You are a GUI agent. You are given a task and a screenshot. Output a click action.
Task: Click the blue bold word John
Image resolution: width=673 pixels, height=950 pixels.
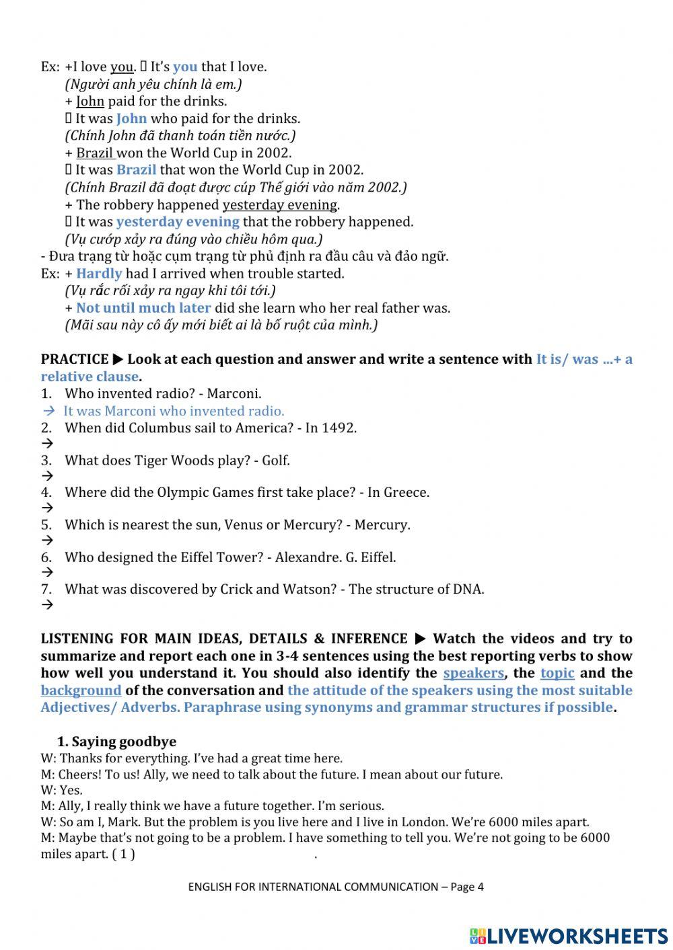[x=131, y=119]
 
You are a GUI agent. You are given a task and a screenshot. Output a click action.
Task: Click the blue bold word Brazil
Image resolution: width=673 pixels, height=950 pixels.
[x=136, y=170]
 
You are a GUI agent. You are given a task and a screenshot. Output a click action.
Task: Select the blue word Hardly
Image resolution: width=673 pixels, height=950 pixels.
[x=99, y=274]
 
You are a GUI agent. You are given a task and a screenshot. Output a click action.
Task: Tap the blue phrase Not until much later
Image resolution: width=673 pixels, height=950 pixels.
[x=143, y=308]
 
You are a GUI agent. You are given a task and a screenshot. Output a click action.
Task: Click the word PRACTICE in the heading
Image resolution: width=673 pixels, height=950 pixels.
[x=74, y=359]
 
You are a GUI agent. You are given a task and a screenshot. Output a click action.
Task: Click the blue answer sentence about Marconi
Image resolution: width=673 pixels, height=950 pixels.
[x=174, y=411]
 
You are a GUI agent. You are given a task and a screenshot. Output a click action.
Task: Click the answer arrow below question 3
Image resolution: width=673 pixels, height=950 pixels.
[x=47, y=476]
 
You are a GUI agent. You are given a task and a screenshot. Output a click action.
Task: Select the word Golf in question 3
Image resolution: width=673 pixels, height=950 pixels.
[x=275, y=461]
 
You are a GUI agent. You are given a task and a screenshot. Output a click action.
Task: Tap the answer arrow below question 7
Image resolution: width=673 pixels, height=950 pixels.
[x=47, y=605]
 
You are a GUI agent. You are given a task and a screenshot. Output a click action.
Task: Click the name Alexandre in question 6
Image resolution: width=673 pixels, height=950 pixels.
[x=306, y=557]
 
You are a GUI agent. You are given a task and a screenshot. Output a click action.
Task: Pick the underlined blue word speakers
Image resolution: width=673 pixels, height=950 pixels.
[x=473, y=673]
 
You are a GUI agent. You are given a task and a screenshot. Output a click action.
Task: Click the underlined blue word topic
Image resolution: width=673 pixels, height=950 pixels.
[x=557, y=673]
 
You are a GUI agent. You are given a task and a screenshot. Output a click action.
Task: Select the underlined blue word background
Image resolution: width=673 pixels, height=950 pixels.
[x=81, y=690]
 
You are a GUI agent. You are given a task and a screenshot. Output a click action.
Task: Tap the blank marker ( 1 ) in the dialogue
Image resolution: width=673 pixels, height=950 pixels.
[x=123, y=855]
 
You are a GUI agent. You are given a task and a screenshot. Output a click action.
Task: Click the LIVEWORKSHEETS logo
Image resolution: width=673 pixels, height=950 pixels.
[x=569, y=935]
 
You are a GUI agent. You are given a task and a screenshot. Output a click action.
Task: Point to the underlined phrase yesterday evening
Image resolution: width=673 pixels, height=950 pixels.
[x=280, y=205]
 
